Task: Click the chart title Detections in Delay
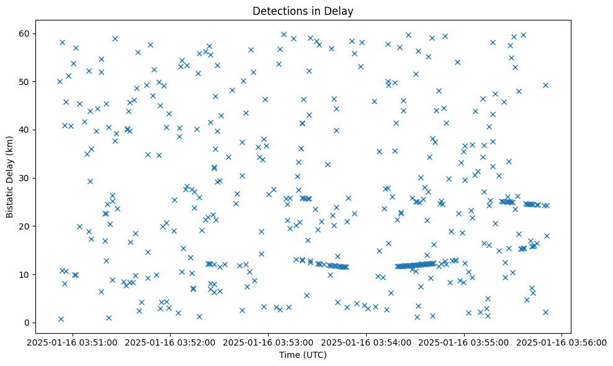coord(303,11)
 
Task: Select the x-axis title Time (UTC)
coord(303,355)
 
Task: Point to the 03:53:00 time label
coord(269,342)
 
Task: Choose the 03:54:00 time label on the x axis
coord(367,342)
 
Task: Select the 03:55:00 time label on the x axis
coord(464,342)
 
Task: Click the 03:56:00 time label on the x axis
coord(562,342)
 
